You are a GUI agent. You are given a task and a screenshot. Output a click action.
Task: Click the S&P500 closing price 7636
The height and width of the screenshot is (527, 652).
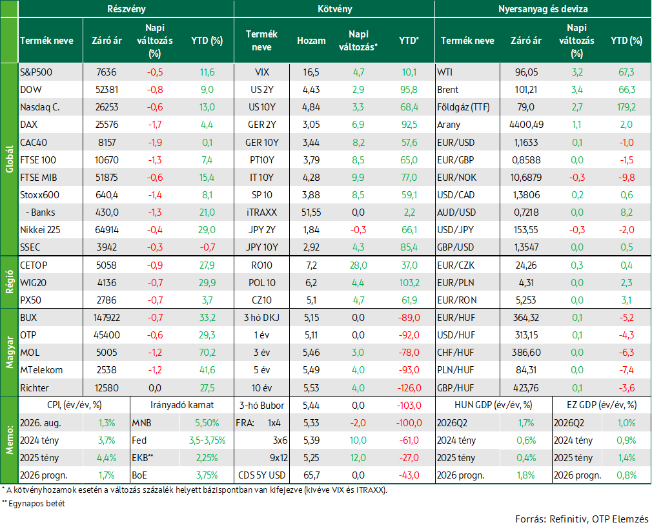click(x=107, y=72)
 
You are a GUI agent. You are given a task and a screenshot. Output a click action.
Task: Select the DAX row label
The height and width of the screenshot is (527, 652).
click(x=28, y=125)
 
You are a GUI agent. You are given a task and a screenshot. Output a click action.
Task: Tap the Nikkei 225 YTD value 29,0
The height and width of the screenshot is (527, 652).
click(x=207, y=230)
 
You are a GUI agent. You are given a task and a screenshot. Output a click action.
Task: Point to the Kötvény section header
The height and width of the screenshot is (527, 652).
click(x=335, y=9)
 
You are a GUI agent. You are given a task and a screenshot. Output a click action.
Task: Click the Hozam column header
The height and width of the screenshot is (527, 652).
click(x=311, y=40)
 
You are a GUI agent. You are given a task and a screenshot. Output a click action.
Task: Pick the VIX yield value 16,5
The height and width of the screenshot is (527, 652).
click(x=311, y=72)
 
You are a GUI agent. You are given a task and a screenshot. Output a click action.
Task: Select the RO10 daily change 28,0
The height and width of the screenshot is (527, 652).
click(x=358, y=265)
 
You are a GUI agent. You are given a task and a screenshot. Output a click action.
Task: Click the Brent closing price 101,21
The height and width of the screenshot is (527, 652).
click(x=526, y=89)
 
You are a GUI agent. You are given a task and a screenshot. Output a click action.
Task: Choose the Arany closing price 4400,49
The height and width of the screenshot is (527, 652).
click(x=526, y=125)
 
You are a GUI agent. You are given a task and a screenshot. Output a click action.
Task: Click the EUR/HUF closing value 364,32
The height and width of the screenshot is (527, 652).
click(x=526, y=317)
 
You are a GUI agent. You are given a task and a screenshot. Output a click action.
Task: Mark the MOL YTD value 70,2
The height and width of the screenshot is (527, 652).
click(x=207, y=353)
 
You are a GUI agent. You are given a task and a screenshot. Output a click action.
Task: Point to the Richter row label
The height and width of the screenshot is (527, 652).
click(x=34, y=387)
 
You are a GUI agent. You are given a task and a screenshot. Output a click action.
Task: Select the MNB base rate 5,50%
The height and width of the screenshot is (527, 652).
click(x=207, y=422)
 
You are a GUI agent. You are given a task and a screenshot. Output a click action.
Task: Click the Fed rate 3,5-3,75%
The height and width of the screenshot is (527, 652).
click(x=207, y=440)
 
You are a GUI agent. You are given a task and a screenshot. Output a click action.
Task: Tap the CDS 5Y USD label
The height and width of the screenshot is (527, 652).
click(x=261, y=475)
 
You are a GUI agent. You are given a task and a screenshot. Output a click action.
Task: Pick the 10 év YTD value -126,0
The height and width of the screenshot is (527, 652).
click(x=409, y=387)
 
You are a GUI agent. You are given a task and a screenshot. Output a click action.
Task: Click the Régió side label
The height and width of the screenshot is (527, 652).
click(x=10, y=282)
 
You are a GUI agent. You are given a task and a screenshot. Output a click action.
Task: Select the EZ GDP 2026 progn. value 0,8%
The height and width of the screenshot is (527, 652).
click(x=627, y=475)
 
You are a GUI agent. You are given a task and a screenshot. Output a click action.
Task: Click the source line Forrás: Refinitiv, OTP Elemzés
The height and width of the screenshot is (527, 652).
click(x=582, y=519)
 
